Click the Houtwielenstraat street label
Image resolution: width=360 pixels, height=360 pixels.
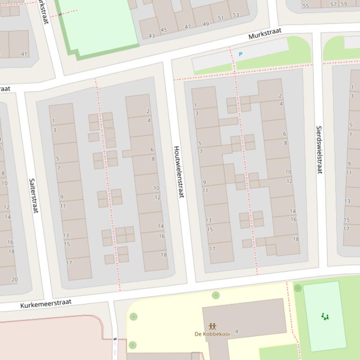(179, 172)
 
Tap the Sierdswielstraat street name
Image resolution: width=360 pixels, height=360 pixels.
(320, 150)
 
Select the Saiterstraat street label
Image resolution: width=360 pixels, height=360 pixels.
(33, 195)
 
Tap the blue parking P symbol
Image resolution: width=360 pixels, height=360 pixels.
(241, 54)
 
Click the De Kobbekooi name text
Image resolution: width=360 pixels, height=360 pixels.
(212, 334)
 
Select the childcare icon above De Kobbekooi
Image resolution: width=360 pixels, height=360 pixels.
(213, 326)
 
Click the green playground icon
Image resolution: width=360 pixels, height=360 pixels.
(325, 317)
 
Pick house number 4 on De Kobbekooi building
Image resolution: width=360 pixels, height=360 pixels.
(236, 331)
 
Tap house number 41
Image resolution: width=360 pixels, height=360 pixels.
(24, 54)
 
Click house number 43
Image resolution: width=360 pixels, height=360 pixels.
(152, 36)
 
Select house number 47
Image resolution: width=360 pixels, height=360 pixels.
(188, 27)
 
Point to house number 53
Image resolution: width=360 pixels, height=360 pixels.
(235, 15)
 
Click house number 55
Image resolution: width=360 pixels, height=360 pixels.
(306, 6)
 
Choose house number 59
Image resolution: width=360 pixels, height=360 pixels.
(344, 4)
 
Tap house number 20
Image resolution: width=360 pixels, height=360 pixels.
(15, 280)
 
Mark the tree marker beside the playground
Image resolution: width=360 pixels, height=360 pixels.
(298, 288)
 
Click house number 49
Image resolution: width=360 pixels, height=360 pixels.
(206, 24)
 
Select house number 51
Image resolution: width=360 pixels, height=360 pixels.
(220, 19)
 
